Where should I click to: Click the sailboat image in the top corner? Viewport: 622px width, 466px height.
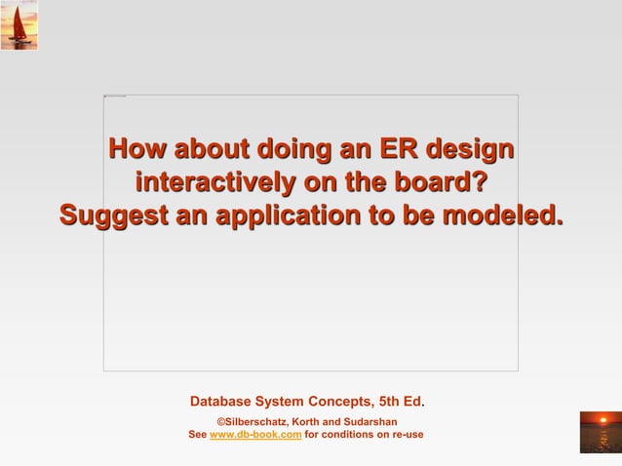(19, 25)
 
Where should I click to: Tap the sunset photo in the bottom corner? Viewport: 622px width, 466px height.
(600, 431)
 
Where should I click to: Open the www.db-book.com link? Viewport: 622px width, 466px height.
(254, 434)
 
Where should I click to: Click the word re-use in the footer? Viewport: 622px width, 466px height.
(406, 434)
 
